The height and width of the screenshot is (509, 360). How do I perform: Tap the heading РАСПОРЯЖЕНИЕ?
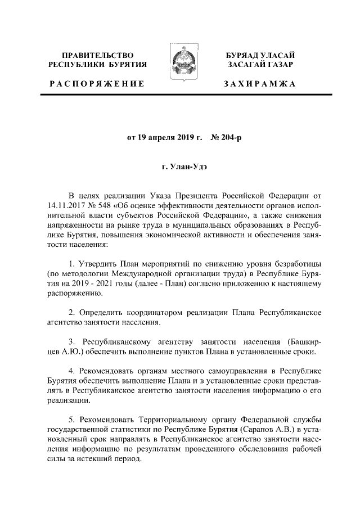[97, 84]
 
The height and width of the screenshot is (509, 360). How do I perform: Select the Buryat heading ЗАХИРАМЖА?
[259, 84]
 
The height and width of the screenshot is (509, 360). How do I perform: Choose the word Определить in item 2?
[102, 312]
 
